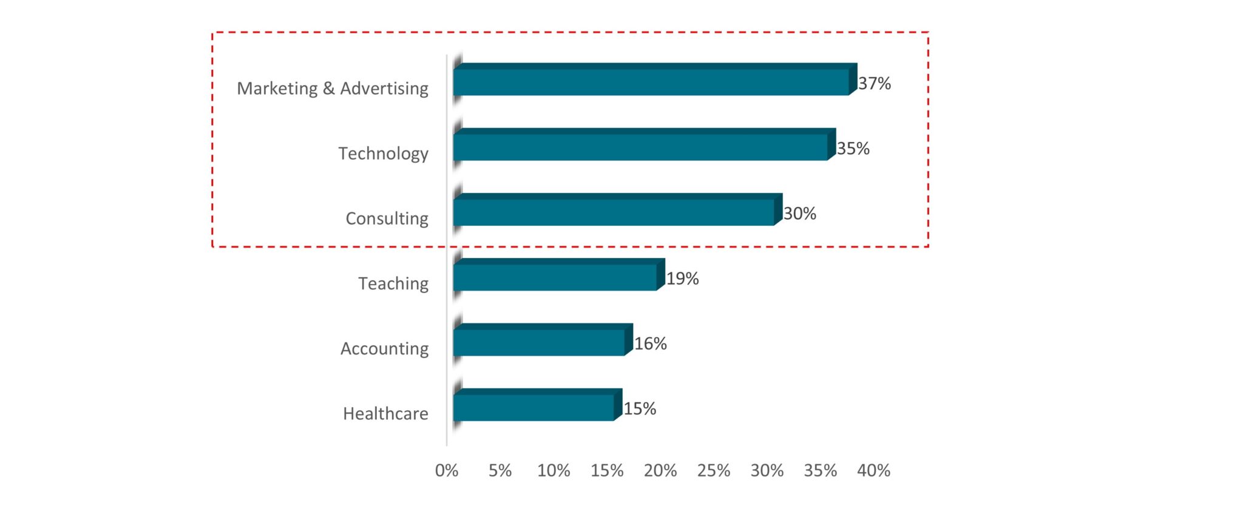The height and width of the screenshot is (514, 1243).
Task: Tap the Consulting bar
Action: tap(614, 212)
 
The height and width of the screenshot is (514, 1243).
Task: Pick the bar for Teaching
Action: tap(555, 277)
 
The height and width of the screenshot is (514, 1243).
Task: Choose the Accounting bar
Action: tap(539, 342)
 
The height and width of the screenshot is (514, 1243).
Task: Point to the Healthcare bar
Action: tap(533, 407)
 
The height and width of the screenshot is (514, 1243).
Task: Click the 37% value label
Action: tap(874, 84)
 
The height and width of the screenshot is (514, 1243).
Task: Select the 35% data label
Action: tap(853, 149)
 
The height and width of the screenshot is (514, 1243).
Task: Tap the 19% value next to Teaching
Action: tap(682, 279)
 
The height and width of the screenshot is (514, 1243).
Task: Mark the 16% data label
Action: tap(650, 343)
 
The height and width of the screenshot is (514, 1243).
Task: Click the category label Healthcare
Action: tap(385, 414)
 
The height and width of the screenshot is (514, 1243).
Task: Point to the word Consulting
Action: tap(387, 218)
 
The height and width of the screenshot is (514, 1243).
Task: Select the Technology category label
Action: tap(383, 154)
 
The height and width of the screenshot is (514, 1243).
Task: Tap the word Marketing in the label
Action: tap(277, 89)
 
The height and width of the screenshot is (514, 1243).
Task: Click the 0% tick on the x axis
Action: tap(447, 471)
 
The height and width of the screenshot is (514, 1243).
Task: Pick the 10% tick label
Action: tap(554, 471)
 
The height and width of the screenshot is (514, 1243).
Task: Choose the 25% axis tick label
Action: tap(714, 471)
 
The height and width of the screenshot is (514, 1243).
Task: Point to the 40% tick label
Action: tap(873, 471)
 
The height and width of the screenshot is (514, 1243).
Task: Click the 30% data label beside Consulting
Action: tap(799, 214)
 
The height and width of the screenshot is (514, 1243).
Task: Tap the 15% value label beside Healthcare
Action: tap(640, 408)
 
